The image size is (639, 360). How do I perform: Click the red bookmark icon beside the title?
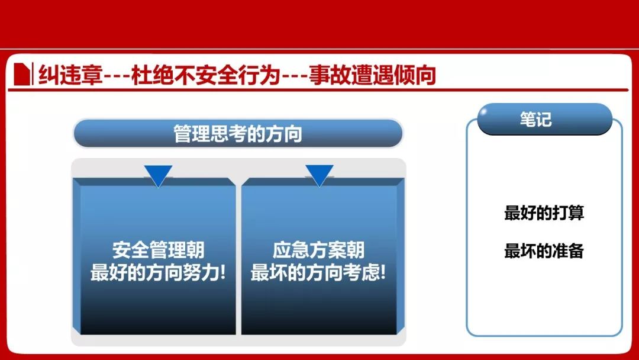click(x=22, y=74)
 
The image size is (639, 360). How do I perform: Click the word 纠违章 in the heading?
click(x=70, y=75)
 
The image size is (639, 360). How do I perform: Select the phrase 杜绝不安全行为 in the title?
click(x=206, y=75)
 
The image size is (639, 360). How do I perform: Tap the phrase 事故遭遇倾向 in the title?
click(x=373, y=75)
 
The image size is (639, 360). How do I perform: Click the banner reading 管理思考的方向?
click(x=238, y=133)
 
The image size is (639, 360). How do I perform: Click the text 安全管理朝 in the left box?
click(x=158, y=249)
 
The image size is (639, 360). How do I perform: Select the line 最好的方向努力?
click(x=158, y=272)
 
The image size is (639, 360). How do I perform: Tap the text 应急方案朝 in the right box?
click(x=318, y=249)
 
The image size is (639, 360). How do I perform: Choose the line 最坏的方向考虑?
click(x=318, y=272)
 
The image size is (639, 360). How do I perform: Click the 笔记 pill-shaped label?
click(x=544, y=119)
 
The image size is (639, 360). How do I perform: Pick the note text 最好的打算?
click(x=544, y=213)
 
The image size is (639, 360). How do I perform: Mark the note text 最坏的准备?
click(x=544, y=250)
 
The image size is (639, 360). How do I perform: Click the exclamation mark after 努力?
click(x=222, y=272)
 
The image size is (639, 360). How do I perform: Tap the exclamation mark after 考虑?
click(x=383, y=272)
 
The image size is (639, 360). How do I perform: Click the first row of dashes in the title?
click(x=117, y=76)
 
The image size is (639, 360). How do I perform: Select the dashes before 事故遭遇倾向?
click(x=294, y=76)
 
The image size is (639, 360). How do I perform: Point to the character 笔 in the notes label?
click(x=527, y=119)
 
